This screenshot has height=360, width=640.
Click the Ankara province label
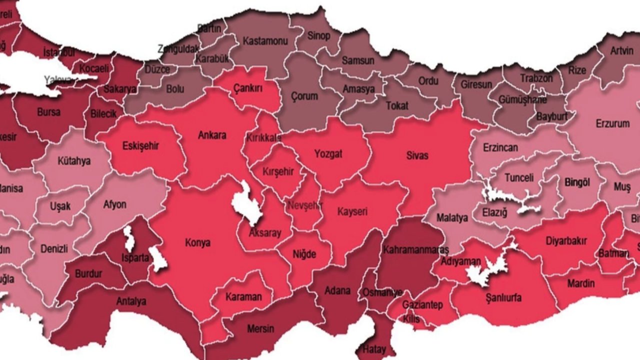pos(212,135)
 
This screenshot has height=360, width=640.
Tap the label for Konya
pos(197,243)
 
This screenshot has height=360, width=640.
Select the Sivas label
pos(417,155)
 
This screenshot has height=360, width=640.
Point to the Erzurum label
pos(612,123)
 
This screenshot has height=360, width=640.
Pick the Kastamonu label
pos(265,41)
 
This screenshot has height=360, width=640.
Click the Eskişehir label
pos(140,146)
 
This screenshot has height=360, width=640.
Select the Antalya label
pos(131,301)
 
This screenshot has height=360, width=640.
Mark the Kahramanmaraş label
pos(408,249)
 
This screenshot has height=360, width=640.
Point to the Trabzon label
pos(536,78)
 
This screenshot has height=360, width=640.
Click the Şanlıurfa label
pos(503,298)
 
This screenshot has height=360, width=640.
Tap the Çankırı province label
pos(248,88)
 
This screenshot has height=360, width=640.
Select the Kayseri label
pos(352,211)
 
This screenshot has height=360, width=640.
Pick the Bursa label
pos(48,112)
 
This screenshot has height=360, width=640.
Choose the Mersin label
pos(260,328)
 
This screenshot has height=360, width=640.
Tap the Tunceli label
pos(519,177)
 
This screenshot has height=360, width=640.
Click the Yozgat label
pos(328,153)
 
